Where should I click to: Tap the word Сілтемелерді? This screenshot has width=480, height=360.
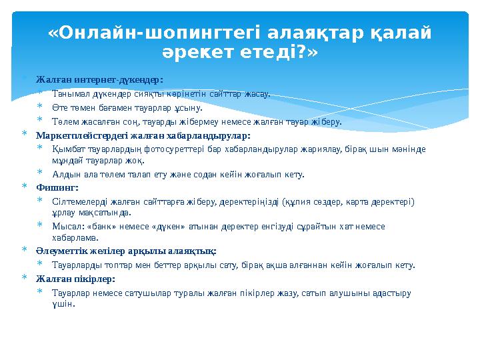[x=79, y=201]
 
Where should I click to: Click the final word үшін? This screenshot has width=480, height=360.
[x=63, y=304]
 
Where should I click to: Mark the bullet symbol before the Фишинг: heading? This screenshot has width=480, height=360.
[x=24, y=188]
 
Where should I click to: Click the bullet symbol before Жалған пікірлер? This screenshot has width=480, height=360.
[x=24, y=278]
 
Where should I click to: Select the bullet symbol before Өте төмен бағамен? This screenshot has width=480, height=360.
[x=40, y=107]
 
